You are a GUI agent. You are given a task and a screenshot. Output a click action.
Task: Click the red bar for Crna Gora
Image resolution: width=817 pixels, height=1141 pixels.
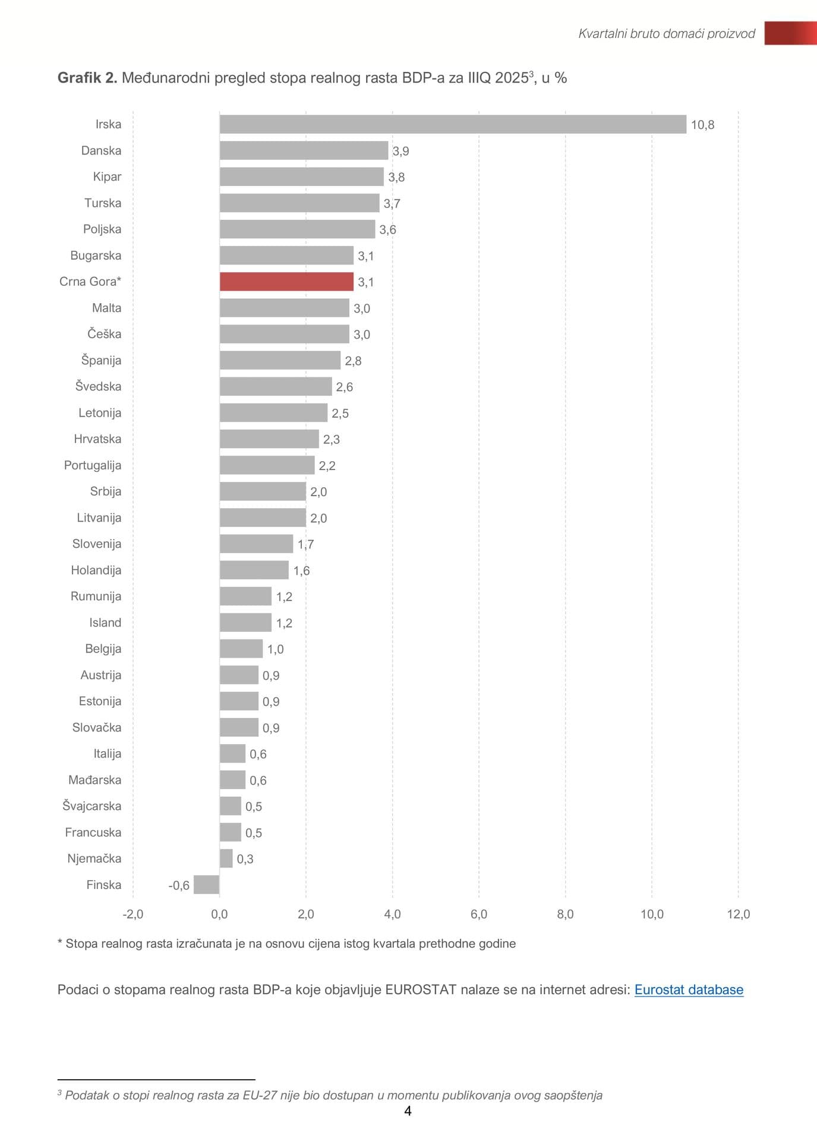click(x=286, y=282)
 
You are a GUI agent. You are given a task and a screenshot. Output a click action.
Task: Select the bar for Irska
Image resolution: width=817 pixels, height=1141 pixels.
click(x=453, y=124)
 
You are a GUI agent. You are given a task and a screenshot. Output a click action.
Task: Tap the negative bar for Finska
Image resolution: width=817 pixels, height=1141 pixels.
click(x=207, y=884)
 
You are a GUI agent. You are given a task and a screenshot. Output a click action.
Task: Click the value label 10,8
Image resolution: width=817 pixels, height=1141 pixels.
click(x=702, y=125)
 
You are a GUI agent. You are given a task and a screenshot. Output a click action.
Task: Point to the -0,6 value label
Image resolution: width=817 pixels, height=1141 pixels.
click(x=179, y=885)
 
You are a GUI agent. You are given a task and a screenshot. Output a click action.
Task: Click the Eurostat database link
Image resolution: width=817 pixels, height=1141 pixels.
click(x=689, y=989)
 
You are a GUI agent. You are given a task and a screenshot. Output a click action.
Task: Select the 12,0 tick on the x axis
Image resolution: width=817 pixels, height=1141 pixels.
click(x=738, y=914)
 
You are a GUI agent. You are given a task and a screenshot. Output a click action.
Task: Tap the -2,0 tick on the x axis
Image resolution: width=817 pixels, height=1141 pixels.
click(x=133, y=914)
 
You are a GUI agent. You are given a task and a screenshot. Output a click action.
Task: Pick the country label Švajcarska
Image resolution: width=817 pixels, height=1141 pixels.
click(x=92, y=806)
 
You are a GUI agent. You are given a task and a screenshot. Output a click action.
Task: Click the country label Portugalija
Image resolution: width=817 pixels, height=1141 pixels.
click(x=93, y=465)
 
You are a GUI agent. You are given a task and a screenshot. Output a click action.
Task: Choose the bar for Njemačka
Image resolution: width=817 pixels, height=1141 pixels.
click(x=226, y=858)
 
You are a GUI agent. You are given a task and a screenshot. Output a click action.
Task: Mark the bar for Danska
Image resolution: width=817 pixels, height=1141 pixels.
click(x=304, y=150)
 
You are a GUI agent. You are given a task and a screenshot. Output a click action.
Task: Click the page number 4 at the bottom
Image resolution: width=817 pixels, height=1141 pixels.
click(x=408, y=1111)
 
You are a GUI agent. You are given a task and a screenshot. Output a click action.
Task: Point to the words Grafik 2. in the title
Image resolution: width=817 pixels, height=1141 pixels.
click(x=87, y=78)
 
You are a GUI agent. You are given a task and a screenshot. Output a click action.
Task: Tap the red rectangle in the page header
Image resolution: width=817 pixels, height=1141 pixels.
click(x=790, y=33)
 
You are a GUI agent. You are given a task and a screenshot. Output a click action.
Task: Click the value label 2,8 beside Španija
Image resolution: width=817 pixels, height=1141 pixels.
click(x=353, y=361)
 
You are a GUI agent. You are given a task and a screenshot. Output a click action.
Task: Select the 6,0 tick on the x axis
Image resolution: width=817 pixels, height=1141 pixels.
click(x=479, y=914)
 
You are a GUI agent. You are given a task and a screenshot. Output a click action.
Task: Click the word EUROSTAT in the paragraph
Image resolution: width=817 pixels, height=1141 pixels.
click(x=421, y=989)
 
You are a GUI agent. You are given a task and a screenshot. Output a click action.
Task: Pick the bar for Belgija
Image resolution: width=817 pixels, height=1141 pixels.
click(x=241, y=648)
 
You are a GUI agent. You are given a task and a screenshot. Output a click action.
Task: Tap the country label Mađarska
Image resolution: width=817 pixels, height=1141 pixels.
click(x=95, y=780)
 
